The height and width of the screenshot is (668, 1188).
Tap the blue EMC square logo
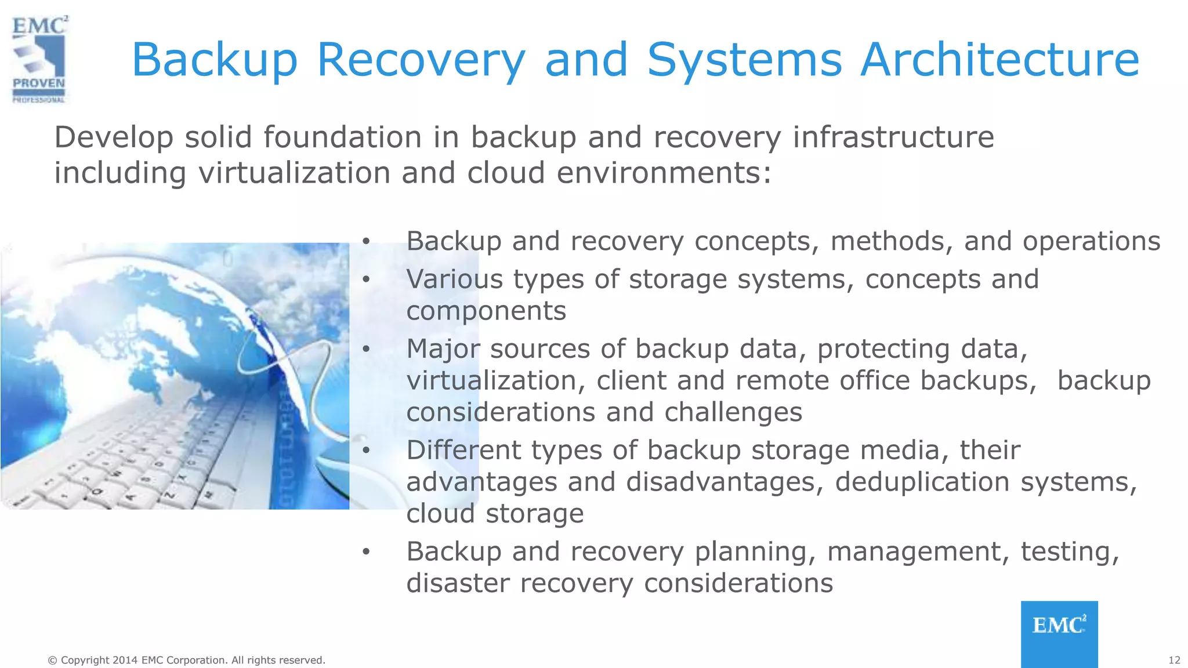click(x=1059, y=633)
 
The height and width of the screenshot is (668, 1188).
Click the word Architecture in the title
click(x=999, y=59)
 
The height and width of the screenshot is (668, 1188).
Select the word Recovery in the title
click(x=421, y=60)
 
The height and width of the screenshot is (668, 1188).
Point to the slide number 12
click(x=1174, y=660)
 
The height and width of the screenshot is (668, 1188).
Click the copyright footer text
click(x=186, y=660)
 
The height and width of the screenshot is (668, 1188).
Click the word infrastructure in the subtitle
click(x=893, y=137)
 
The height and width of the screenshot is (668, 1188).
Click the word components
click(x=486, y=311)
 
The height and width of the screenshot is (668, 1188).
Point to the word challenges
click(x=733, y=412)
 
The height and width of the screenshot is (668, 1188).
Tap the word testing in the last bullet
click(x=1070, y=551)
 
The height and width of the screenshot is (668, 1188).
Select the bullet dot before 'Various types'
click(x=365, y=279)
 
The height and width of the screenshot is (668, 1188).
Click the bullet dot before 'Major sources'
click(x=365, y=349)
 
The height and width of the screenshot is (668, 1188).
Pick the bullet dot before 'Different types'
click(x=365, y=450)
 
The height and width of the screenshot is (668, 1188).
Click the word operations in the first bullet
click(x=1091, y=241)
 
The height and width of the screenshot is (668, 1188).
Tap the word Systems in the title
click(x=744, y=60)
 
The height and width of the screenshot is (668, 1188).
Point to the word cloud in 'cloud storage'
click(x=440, y=514)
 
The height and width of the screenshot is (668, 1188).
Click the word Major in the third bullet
click(x=443, y=349)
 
